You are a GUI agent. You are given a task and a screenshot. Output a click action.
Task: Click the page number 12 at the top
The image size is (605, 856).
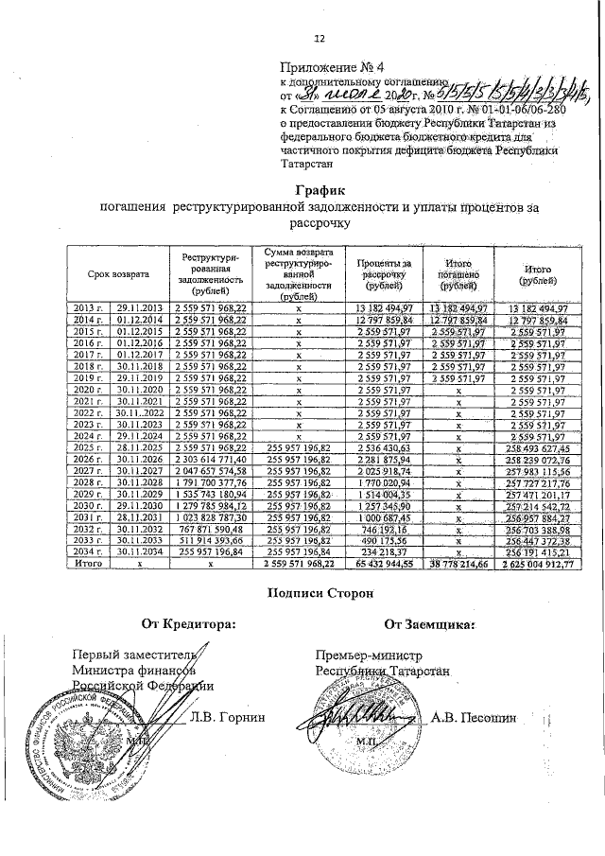click(x=319, y=38)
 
